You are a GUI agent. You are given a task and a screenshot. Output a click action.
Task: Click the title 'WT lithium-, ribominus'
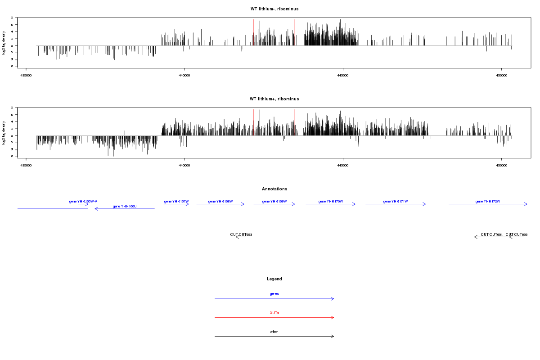click(x=274, y=9)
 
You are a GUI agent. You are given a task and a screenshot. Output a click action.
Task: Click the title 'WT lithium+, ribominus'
click(x=274, y=99)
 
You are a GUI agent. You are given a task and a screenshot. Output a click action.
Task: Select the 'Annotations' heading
click(x=274, y=189)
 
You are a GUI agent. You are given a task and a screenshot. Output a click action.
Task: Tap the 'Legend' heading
click(x=274, y=279)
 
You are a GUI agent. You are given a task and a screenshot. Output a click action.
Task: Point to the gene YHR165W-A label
click(x=83, y=202)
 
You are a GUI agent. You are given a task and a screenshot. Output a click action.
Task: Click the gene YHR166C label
click(x=125, y=207)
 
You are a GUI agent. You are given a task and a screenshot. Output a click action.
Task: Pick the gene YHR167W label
click(x=176, y=202)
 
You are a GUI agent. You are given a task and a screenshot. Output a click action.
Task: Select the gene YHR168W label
click(x=220, y=202)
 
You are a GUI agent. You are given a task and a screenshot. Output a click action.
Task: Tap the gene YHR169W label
click(x=274, y=202)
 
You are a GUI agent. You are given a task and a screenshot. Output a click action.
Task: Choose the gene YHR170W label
click(x=331, y=202)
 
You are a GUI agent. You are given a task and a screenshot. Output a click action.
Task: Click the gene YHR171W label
click(x=396, y=202)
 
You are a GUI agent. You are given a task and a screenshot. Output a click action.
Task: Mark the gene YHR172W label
click(x=488, y=202)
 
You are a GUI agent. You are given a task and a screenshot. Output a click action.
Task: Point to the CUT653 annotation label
click(x=241, y=235)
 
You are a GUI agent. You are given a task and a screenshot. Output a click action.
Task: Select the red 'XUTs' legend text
click(x=274, y=313)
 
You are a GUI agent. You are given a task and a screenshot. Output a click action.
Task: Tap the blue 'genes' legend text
click(x=274, y=294)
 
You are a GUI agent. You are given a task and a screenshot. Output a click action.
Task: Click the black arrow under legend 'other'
click(x=274, y=336)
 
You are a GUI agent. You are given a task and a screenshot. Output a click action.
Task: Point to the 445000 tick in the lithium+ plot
click(x=343, y=165)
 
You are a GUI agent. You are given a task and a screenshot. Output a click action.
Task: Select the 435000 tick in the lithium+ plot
click(x=26, y=165)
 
